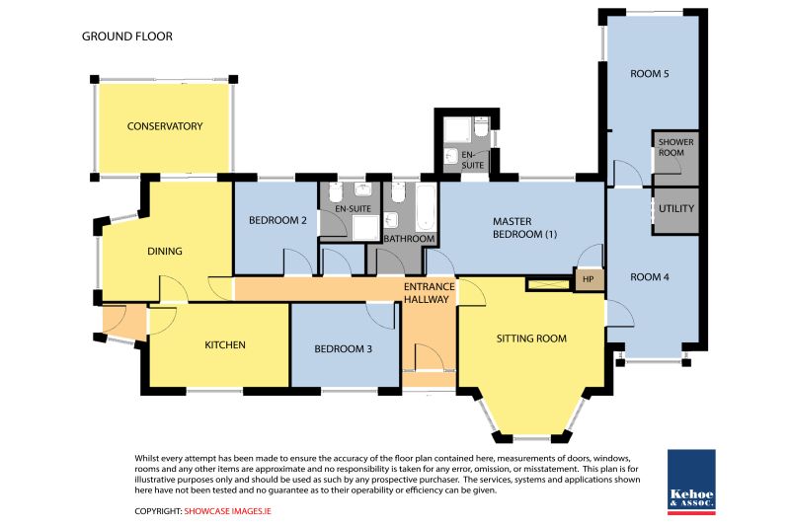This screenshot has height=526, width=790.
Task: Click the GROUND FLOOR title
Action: point(127,37)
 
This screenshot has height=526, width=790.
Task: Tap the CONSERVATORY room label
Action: point(165,126)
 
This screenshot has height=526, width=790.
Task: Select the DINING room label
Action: point(165,252)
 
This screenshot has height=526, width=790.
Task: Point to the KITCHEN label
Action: point(225,344)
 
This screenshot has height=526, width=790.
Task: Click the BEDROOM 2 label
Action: point(277,220)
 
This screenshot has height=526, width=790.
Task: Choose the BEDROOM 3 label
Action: point(343,348)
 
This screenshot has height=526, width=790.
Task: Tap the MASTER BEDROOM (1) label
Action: point(524,228)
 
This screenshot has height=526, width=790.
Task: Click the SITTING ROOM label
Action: point(531,338)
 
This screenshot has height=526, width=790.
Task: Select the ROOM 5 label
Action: point(650,74)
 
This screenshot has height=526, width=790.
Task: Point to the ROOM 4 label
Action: point(650,277)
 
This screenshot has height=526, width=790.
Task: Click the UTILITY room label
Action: point(676,208)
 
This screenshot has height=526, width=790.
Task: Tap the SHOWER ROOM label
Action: point(675,147)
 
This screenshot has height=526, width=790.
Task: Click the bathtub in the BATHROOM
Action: point(426,207)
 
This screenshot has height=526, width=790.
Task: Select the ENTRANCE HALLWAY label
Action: point(430,293)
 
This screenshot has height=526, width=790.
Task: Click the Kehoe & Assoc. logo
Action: point(691,482)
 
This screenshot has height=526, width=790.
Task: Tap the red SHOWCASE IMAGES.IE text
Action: point(228,511)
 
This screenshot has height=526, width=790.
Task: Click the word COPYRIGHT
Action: point(158,511)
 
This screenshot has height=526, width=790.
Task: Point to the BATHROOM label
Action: point(409,239)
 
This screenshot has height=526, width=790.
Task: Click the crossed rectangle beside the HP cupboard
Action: point(550,284)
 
